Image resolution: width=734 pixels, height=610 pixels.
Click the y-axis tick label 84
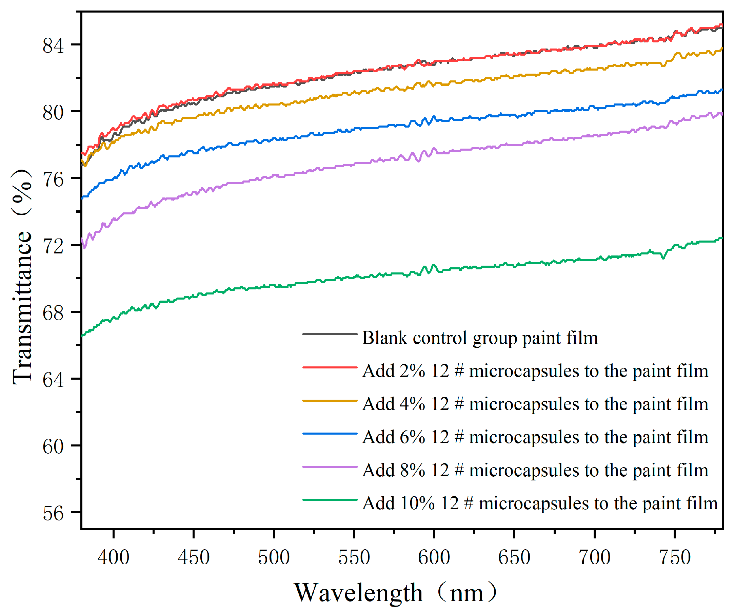click(53, 46)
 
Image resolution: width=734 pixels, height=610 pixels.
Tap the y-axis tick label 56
click(53, 513)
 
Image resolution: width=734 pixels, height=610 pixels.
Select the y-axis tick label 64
click(53, 380)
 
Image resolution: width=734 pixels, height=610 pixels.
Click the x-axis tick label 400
click(114, 557)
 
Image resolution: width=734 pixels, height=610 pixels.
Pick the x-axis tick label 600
click(434, 557)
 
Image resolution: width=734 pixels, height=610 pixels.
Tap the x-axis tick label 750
click(675, 557)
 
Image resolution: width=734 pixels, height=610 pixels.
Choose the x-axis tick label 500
click(274, 557)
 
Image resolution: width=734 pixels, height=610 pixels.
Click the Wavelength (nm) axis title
click(395, 593)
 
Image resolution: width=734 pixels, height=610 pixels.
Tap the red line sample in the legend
click(330, 368)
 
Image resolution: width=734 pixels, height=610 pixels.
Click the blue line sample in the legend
click(330, 434)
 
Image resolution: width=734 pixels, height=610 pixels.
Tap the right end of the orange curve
click(721, 49)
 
